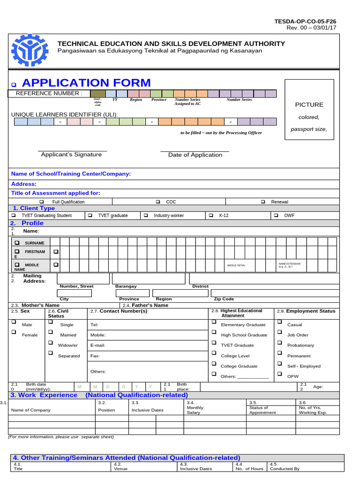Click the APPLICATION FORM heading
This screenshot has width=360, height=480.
(x=86, y=83)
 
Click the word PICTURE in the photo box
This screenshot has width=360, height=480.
(x=309, y=105)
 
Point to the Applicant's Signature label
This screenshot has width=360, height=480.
(x=71, y=155)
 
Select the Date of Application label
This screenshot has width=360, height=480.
(x=195, y=155)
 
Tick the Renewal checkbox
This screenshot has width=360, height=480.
(x=263, y=202)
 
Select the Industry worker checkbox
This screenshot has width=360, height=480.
(x=146, y=215)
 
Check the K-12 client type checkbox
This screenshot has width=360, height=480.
(x=210, y=215)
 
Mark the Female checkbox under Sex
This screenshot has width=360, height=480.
(x=14, y=332)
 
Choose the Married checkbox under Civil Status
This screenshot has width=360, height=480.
(x=50, y=332)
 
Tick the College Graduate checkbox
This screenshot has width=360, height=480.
(x=214, y=363)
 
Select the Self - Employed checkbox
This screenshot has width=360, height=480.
(x=279, y=363)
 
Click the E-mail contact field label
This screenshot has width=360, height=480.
(x=97, y=345)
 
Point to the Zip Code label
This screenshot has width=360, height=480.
(x=224, y=299)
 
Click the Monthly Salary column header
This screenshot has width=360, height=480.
(x=195, y=410)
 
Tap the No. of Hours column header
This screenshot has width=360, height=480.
(x=249, y=468)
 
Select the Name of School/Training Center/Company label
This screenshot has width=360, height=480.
(x=71, y=174)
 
